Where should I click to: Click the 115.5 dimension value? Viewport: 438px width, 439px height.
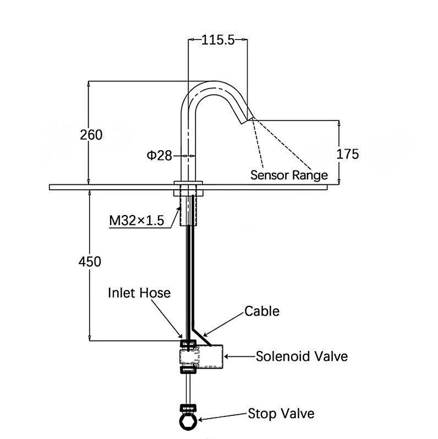(x=218, y=39)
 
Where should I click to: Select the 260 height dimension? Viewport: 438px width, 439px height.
(x=91, y=134)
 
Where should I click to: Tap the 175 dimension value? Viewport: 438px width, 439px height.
(x=347, y=154)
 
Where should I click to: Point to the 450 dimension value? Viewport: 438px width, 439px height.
(x=90, y=262)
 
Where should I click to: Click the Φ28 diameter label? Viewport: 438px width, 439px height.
(x=159, y=156)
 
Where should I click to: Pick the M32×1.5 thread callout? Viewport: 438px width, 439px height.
(x=137, y=221)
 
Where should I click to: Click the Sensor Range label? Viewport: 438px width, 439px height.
(x=289, y=175)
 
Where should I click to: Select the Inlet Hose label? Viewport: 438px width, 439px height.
(x=139, y=293)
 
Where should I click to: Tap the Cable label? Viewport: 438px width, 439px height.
(x=262, y=311)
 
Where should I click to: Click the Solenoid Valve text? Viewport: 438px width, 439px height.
(x=302, y=356)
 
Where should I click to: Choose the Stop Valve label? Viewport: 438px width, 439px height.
(x=281, y=413)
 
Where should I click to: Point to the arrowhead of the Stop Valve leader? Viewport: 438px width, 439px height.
(x=200, y=420)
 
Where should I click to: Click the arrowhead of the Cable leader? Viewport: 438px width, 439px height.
(x=204, y=334)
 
